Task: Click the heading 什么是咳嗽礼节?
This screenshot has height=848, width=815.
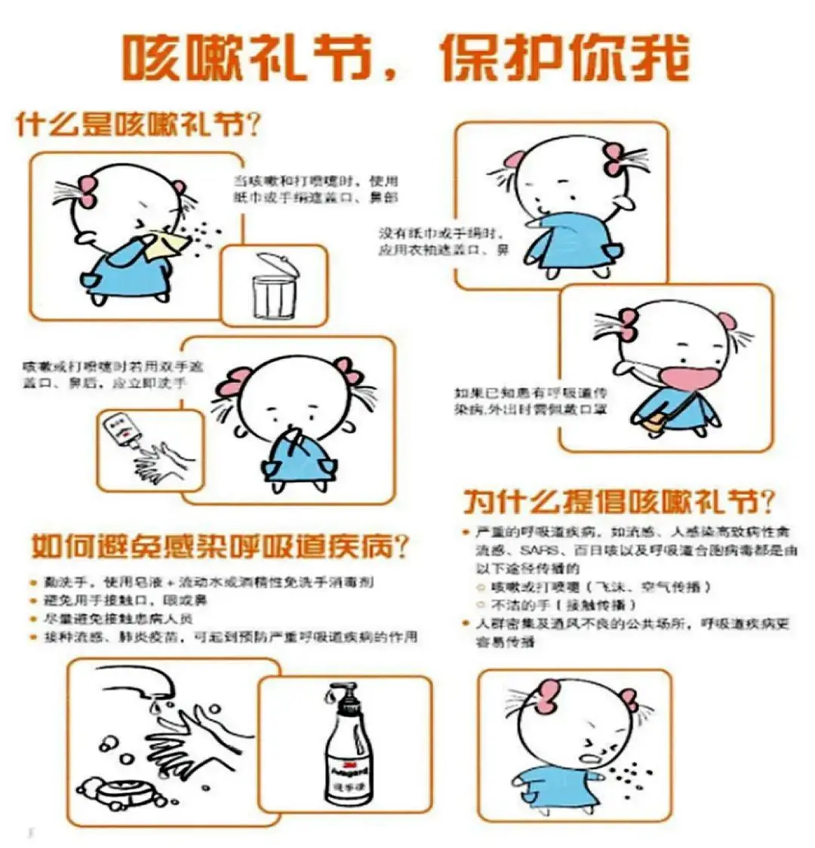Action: tap(139, 124)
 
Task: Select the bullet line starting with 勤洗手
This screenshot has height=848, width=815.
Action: tap(202, 582)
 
